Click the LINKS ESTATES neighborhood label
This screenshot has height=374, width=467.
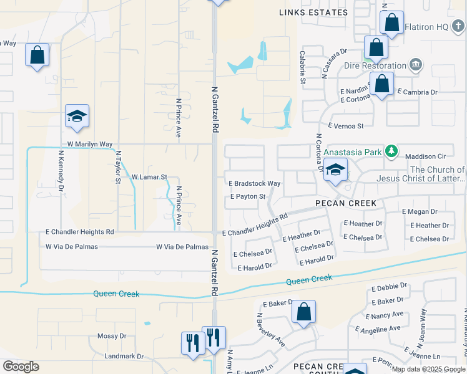click(x=313, y=12)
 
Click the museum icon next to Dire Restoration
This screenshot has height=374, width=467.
click(x=416, y=65)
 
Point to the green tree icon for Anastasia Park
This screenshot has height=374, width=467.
click(x=391, y=150)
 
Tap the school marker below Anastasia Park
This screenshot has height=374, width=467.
click(x=335, y=170)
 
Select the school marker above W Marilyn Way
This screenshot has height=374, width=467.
click(x=77, y=117)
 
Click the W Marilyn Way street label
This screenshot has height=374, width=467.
click(x=90, y=144)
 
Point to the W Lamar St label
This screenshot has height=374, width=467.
click(x=149, y=177)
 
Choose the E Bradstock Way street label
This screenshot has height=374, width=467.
click(x=255, y=183)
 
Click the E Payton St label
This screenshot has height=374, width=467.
click(x=248, y=196)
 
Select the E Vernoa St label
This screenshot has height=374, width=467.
click(x=345, y=126)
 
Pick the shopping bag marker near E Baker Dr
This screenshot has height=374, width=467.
click(x=303, y=313)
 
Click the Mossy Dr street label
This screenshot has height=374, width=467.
click(x=112, y=336)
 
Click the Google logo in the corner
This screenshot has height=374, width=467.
click(x=21, y=367)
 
